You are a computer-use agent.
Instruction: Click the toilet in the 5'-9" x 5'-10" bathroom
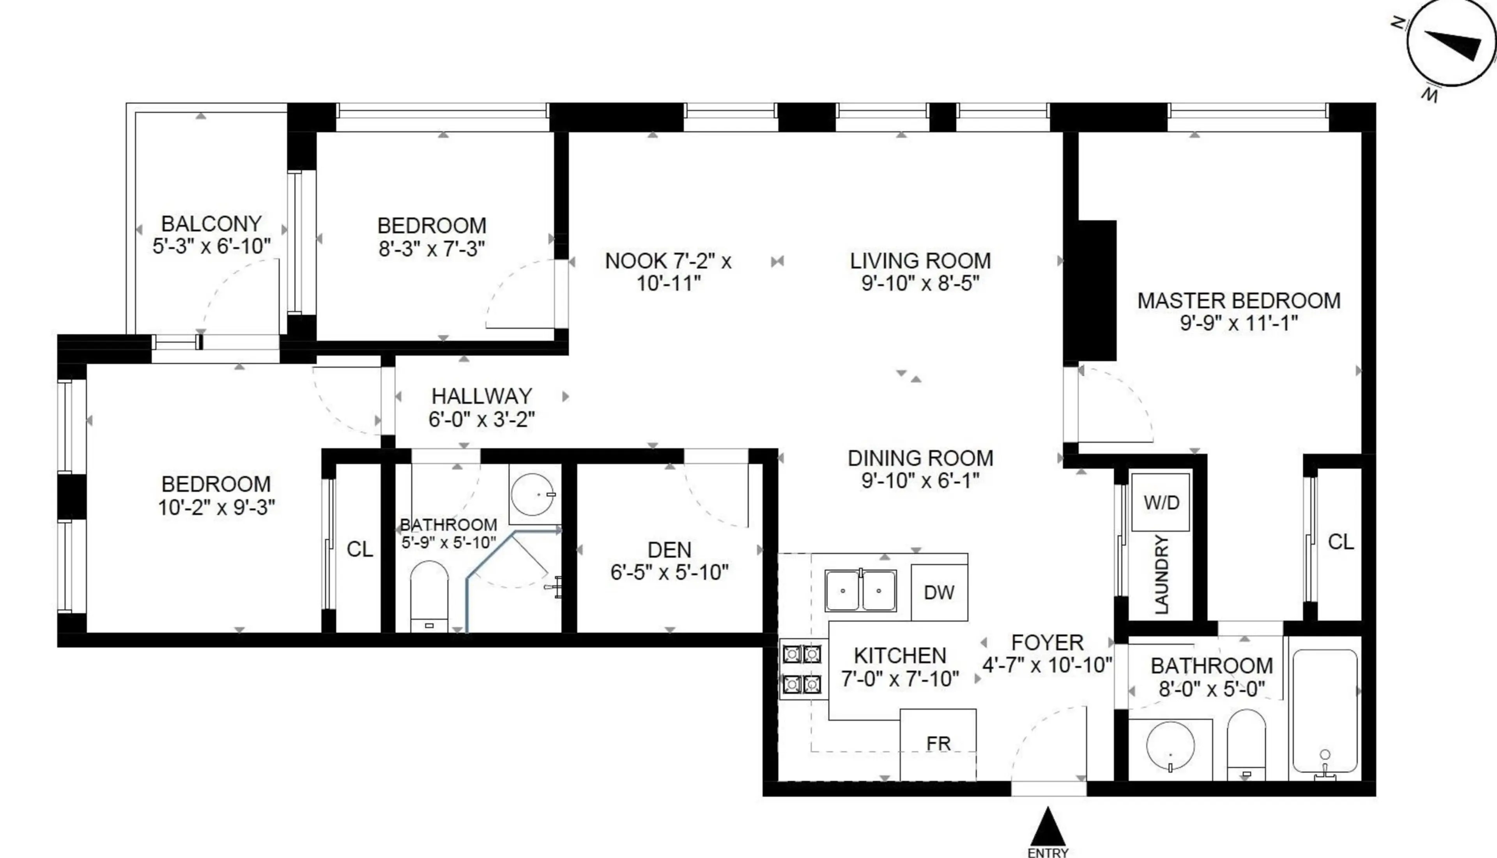point(429,595)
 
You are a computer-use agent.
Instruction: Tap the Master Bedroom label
point(1239,301)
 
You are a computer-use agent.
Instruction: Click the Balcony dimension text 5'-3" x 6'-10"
point(212,246)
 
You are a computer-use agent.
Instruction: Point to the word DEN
point(669,550)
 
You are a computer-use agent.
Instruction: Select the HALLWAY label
point(482,395)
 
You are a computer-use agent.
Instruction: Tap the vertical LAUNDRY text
point(1161,575)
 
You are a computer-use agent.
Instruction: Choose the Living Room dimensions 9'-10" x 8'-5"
point(920,283)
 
